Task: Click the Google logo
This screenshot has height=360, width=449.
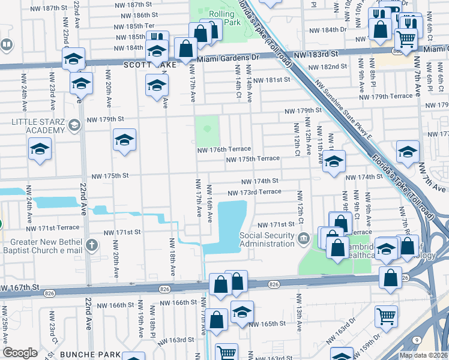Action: [20, 352]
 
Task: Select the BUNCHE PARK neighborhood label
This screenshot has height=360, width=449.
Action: [94, 355]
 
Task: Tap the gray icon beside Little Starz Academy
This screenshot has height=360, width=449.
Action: [74, 125]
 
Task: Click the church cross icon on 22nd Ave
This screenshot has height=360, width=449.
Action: [91, 245]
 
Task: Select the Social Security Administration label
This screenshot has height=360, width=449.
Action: [267, 239]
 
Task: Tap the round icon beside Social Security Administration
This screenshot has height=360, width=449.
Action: [304, 239]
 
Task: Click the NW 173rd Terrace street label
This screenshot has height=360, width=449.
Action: [254, 191]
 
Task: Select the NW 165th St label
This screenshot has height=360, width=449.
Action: [268, 323]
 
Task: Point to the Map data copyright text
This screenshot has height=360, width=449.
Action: [423, 355]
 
